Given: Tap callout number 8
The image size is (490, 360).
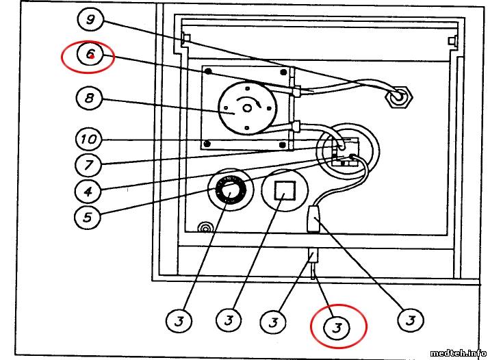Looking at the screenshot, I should tap(88, 98).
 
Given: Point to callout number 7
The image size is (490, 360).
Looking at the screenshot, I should tap(88, 165).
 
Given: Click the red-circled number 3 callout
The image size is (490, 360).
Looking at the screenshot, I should tap(336, 327).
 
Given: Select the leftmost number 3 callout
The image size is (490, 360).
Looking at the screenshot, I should tap(179, 320).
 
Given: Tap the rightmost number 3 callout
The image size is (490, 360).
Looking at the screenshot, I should tap(411, 320).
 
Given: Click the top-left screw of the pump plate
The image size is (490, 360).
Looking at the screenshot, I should tap(208, 72).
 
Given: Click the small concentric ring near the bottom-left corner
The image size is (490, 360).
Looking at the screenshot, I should tap(203, 227).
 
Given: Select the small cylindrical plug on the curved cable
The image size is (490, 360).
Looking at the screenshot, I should tap(313, 221).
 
